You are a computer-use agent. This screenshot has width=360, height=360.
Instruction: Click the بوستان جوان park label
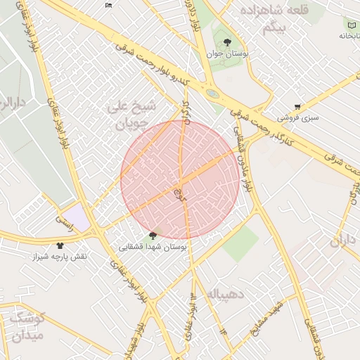click(x=225, y=53)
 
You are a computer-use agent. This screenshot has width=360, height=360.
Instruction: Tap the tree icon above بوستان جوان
click(x=226, y=42)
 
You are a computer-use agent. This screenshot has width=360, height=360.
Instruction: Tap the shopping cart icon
click(x=297, y=107)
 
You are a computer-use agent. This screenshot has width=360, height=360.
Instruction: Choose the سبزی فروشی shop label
click(x=297, y=117)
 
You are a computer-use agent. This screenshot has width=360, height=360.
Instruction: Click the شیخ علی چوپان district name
click(x=134, y=116)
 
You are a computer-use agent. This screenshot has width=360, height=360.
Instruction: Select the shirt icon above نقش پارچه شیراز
click(x=60, y=245)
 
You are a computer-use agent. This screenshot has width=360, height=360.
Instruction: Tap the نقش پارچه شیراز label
click(x=60, y=257)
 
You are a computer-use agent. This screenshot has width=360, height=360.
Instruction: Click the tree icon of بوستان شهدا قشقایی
click(x=153, y=236)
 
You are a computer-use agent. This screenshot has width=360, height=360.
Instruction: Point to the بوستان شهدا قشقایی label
click(x=153, y=247)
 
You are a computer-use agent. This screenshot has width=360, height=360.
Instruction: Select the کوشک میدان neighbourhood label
click(x=27, y=327)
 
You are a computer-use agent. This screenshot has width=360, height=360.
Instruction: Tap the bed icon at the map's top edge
click(x=108, y=5)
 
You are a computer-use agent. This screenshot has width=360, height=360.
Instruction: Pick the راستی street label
click(x=65, y=221)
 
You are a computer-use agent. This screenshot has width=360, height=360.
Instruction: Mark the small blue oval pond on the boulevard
click(x=212, y=93)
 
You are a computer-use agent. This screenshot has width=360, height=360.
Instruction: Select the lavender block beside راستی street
click(x=76, y=218)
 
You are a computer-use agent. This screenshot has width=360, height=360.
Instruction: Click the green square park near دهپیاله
click(x=241, y=243)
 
